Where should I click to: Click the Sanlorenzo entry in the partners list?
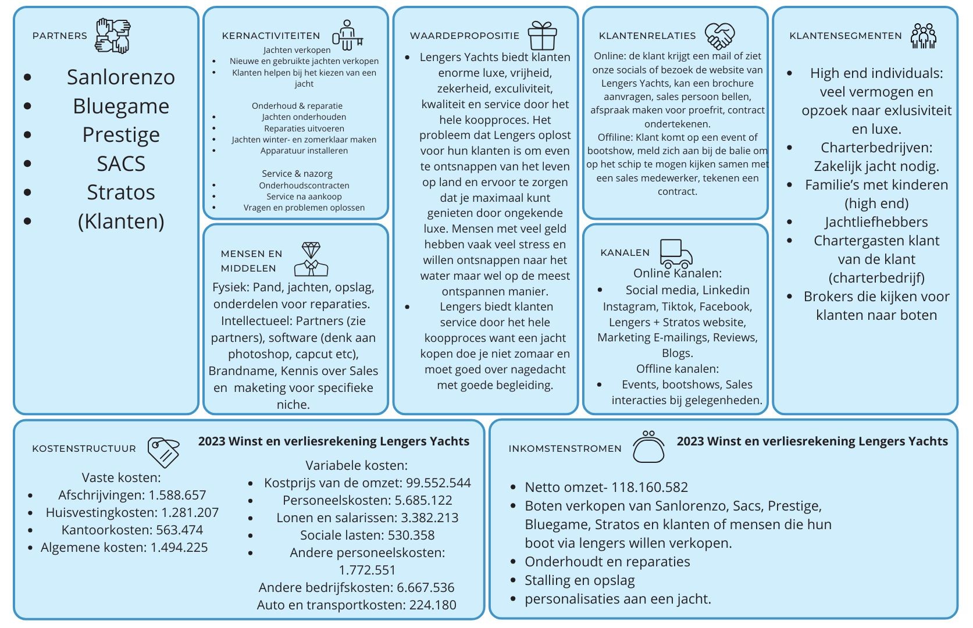(x=120, y=77)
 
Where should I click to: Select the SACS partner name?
(x=121, y=164)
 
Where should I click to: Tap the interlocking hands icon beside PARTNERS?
(x=113, y=35)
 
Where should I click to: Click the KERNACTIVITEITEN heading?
(x=271, y=36)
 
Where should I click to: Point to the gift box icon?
(x=542, y=35)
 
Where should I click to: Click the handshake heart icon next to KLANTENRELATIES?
(x=719, y=36)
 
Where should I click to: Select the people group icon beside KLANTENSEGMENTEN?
(x=924, y=36)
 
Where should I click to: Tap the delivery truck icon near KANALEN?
(x=676, y=254)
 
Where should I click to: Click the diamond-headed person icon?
(x=311, y=259)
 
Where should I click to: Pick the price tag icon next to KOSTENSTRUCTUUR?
(x=163, y=452)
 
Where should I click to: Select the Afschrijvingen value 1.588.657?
(x=177, y=495)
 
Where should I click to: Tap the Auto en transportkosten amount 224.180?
(x=433, y=605)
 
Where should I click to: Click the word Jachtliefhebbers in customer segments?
(x=876, y=222)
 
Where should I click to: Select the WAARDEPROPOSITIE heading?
(x=465, y=36)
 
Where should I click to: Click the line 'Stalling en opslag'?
(x=579, y=580)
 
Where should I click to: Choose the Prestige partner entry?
(x=121, y=135)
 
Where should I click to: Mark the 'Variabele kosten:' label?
(x=357, y=466)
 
